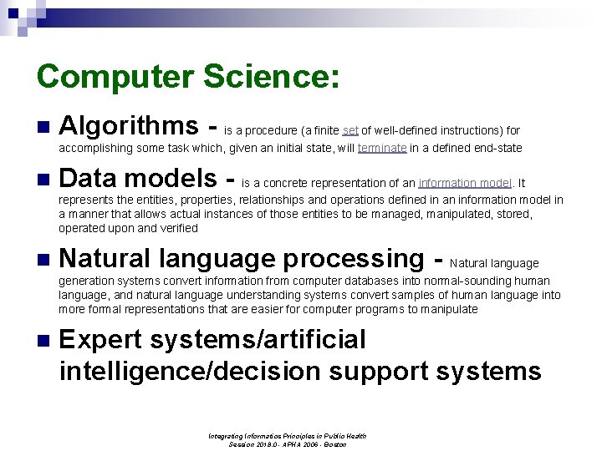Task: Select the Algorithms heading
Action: tap(129, 126)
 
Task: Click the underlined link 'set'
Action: tap(350, 130)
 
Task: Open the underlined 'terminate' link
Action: tap(382, 148)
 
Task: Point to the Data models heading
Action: tap(138, 178)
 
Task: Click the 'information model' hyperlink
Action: tap(465, 183)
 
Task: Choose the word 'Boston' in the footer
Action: tap(334, 444)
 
